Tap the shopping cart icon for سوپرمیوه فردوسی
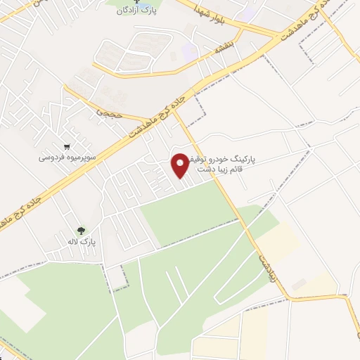(x=67, y=147)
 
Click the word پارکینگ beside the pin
(x=239, y=160)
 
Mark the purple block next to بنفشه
(x=188, y=50)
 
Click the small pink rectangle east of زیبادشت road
(x=300, y=283)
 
